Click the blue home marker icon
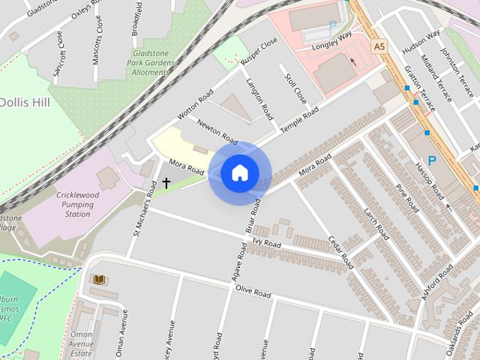point(239,172)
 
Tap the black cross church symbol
point(166,182)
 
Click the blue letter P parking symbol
point(431,160)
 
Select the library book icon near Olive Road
point(99,280)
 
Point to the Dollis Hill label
point(25,102)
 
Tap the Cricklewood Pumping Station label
point(83,205)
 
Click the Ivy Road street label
point(266,244)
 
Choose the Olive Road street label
point(253,292)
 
